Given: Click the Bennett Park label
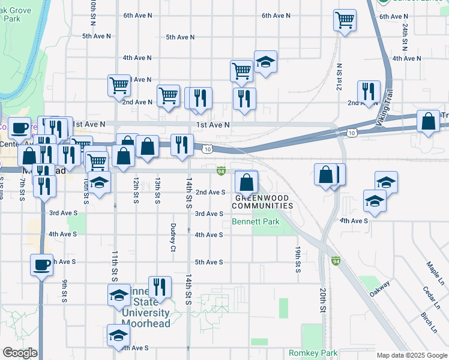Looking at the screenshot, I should click(x=256, y=222).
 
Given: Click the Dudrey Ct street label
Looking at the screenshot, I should click(x=173, y=237).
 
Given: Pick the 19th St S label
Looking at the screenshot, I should click(x=297, y=255).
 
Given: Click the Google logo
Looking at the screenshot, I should click(x=19, y=352).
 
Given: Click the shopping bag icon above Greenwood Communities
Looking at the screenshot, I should click(x=246, y=181).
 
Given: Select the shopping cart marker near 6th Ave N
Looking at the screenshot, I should click(x=345, y=20).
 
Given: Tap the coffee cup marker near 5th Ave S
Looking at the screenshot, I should click(x=42, y=265).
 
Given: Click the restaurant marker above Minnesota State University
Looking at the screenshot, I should click(x=160, y=287).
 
